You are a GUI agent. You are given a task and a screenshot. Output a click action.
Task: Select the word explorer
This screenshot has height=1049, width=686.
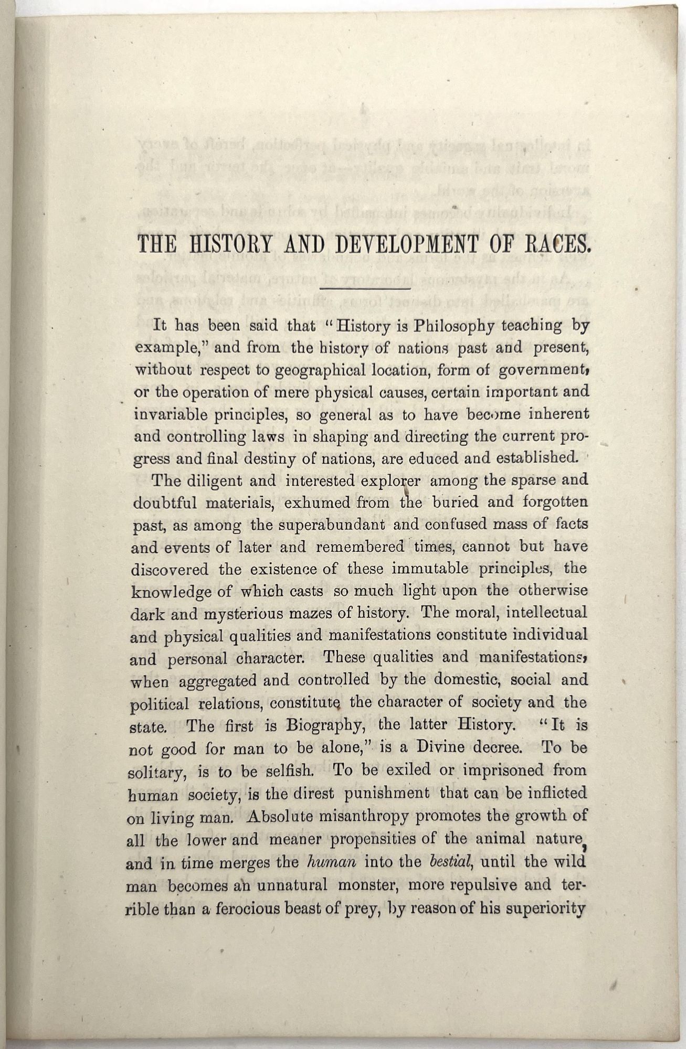[x=391, y=481]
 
